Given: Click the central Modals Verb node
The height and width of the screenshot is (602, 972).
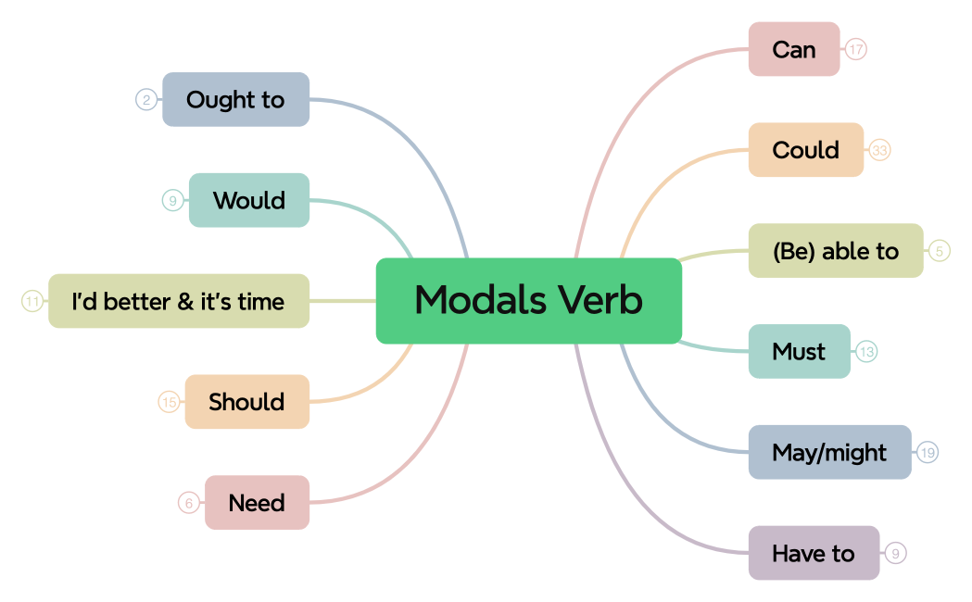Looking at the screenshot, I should coord(528,301).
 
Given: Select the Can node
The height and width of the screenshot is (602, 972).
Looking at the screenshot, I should coord(793,49).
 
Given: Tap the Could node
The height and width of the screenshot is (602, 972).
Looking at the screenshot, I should coord(805,150).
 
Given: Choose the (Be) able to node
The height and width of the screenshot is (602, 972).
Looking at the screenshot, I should coord(835,251).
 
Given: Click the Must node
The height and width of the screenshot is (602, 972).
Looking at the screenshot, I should coord(799,352).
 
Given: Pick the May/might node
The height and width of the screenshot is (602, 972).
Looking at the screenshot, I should coord(829,453).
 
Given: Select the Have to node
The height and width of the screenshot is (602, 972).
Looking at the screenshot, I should coord(813,554).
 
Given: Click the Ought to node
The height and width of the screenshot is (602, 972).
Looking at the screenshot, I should coord(235,100).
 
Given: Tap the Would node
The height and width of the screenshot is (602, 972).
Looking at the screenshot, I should coord(248,201).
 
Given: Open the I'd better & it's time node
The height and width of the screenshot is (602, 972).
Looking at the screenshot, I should coord(178,302).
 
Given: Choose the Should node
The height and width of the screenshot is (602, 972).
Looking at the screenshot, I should coord(246,402).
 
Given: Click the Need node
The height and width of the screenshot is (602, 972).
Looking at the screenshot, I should coord(257,503).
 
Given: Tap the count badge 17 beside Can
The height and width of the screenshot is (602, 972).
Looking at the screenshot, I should coord(856,49).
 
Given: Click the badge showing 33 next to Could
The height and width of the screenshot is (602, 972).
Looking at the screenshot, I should coord(879,150).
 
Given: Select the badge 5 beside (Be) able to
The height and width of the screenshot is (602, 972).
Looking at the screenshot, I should coord(940,251).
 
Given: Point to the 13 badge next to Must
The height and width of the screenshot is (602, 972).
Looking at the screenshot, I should coord(866,352).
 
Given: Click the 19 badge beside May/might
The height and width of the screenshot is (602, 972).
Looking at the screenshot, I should coord(928,453).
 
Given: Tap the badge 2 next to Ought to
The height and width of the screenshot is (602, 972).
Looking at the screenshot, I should coord(145,100).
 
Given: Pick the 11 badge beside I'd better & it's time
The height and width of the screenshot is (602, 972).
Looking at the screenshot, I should coord(32,302).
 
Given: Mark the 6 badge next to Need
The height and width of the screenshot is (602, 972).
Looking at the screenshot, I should coord(189,503).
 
